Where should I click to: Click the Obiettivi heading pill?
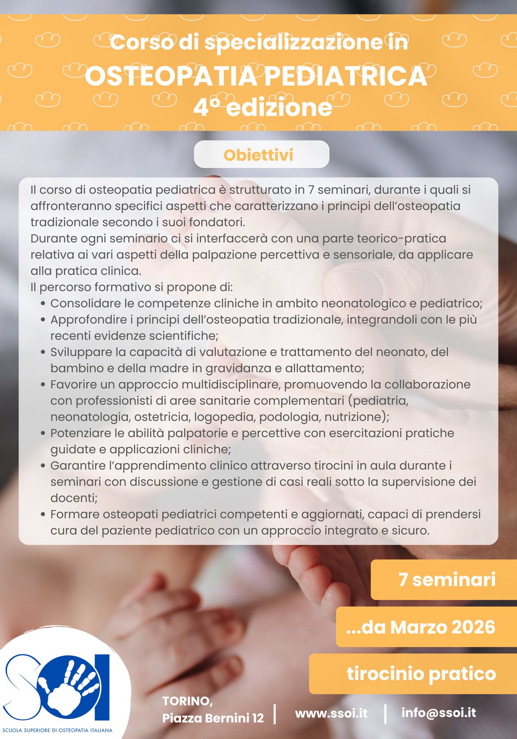[x=261, y=154]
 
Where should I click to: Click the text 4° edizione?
[x=262, y=107]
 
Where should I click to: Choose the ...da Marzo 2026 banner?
[x=427, y=627]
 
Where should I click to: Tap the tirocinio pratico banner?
[x=413, y=674]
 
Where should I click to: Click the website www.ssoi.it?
[x=331, y=713]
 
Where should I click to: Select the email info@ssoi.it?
[x=439, y=712]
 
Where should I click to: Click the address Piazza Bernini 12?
[x=213, y=718]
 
